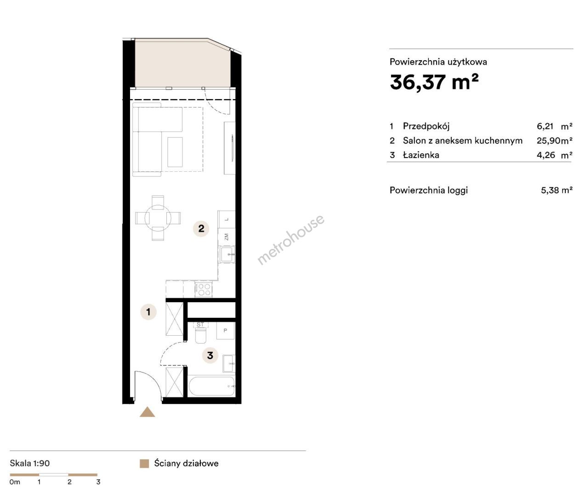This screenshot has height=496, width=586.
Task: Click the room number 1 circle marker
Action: (x=148, y=312)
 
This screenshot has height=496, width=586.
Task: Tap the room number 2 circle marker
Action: (x=201, y=228)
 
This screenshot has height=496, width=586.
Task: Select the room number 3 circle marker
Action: (x=210, y=355)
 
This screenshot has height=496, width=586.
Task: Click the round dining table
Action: (x=158, y=218)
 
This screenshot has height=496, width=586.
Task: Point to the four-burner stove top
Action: (x=203, y=289)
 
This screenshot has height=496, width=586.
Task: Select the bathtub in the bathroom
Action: (x=212, y=386)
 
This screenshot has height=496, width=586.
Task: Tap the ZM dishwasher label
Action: (x=226, y=237)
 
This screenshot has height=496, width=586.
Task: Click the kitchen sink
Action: (x=227, y=254)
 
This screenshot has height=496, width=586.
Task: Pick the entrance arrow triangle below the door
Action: (x=148, y=412)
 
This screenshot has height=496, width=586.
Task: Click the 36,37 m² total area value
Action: (x=434, y=82)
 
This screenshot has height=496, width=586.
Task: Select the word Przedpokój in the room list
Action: (x=426, y=126)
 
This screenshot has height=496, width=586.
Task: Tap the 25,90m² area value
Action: (x=554, y=141)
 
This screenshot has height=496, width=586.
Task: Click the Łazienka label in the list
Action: (x=421, y=155)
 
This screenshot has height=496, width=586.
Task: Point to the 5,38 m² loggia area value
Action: (x=557, y=190)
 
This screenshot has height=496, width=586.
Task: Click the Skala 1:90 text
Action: (x=30, y=463)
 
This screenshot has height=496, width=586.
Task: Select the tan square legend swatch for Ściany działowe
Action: (x=144, y=464)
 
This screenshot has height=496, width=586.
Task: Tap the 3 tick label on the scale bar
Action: (x=98, y=482)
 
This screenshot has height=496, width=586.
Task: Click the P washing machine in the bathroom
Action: (x=226, y=331)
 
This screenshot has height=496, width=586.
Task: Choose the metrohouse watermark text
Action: (x=290, y=240)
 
